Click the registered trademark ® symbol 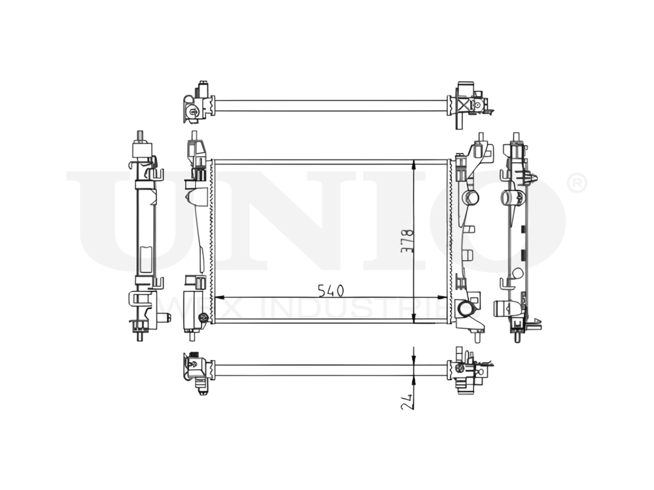[x=576, y=184]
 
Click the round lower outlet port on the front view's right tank [x=467, y=309]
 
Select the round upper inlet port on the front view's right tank [x=470, y=197]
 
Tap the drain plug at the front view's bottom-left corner [x=203, y=318]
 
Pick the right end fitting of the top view [x=468, y=104]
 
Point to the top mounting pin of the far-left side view [x=140, y=136]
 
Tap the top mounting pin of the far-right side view [x=517, y=137]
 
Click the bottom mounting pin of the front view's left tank [x=192, y=336]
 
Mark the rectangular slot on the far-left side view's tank [x=145, y=259]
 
